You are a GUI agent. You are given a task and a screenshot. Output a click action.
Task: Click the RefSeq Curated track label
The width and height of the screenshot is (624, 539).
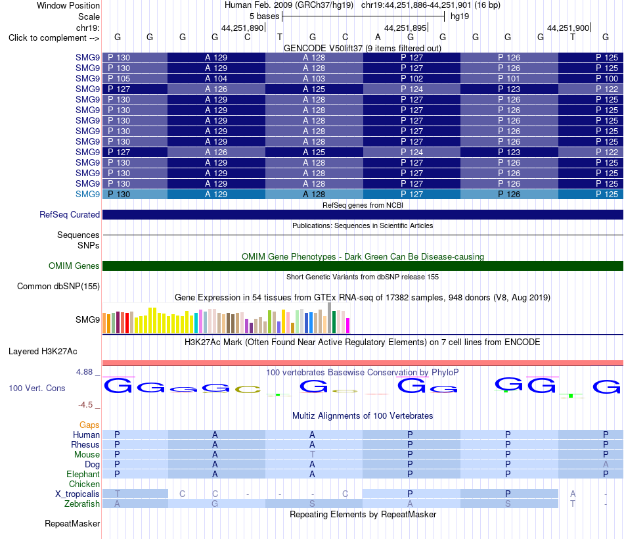pyautogui.click(x=70, y=214)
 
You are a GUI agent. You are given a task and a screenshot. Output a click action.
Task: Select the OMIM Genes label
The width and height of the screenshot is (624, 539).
pyautogui.click(x=74, y=266)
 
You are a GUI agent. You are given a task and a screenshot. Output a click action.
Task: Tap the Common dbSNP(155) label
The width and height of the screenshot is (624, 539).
pyautogui.click(x=58, y=286)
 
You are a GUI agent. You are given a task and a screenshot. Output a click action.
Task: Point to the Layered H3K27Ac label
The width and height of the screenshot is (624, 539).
pyautogui.click(x=43, y=352)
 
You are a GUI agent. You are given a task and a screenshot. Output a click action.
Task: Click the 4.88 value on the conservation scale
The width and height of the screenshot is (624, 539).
pyautogui.click(x=84, y=371)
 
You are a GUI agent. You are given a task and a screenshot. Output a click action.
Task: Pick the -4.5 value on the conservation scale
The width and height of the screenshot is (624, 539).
pyautogui.click(x=85, y=405)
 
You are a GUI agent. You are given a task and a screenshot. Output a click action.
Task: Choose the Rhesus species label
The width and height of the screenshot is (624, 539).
pyautogui.click(x=85, y=444)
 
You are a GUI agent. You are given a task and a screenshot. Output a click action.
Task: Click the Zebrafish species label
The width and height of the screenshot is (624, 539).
pyautogui.click(x=82, y=504)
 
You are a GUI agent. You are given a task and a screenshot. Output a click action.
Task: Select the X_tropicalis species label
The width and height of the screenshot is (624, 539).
pyautogui.click(x=78, y=494)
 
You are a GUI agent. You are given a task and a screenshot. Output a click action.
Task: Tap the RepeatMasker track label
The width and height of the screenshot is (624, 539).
pyautogui.click(x=72, y=523)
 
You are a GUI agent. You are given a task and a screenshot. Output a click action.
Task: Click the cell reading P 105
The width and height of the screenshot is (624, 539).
pyautogui.click(x=119, y=78)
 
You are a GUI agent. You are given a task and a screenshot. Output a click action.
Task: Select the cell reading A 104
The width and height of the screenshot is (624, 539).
pyautogui.click(x=216, y=78)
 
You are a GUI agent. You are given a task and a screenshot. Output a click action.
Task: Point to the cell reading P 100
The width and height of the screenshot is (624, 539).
pyautogui.click(x=607, y=78)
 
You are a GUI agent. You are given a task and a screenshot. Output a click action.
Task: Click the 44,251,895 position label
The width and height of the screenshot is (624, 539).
pyautogui.click(x=405, y=28)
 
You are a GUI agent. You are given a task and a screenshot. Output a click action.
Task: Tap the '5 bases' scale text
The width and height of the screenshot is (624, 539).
pyautogui.click(x=264, y=16)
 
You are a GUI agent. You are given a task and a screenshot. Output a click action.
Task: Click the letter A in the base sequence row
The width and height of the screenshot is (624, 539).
pyautogui.click(x=378, y=37)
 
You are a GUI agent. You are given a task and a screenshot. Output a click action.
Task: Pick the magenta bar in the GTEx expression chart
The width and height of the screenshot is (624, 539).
pyautogui.click(x=347, y=325)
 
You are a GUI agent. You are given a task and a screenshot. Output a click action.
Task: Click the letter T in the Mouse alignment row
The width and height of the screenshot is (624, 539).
pyautogui.click(x=313, y=454)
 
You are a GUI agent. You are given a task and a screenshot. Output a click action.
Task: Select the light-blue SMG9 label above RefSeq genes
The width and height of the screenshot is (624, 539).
pyautogui.click(x=87, y=194)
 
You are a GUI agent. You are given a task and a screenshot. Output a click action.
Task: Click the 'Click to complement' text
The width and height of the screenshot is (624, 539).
pyautogui.click(x=47, y=38)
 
